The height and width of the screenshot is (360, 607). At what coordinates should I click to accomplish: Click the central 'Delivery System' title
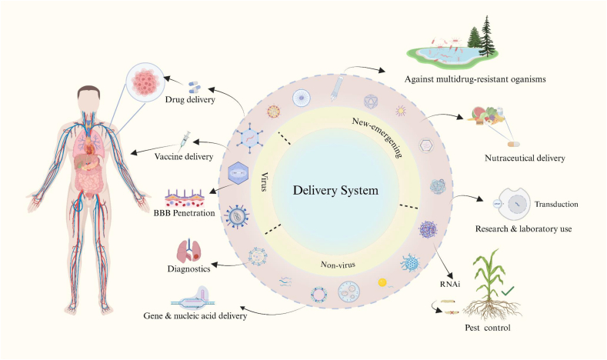[x=335, y=191]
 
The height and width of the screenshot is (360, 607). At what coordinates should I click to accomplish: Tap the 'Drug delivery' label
[x=190, y=99]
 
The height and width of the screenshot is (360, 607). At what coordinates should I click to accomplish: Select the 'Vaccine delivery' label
[x=184, y=156]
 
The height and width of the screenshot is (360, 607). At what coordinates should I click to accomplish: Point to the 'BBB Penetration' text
[x=185, y=213]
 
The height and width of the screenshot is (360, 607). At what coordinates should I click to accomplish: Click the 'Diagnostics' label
[x=189, y=268]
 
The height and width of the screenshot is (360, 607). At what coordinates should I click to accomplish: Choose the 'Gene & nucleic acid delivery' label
[x=195, y=316]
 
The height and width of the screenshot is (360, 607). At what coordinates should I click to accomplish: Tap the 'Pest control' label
[x=488, y=328]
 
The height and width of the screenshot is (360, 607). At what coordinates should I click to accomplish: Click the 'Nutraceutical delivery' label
[x=525, y=158]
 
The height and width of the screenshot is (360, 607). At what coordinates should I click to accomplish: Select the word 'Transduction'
[x=556, y=204]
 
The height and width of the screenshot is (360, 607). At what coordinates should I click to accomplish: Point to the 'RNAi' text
[x=450, y=284]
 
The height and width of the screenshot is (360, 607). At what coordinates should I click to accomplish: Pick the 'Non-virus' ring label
[x=338, y=265]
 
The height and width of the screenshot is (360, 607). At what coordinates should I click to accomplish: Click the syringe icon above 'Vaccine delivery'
[x=185, y=141]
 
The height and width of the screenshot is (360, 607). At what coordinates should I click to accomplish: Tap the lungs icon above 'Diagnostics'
[x=189, y=251]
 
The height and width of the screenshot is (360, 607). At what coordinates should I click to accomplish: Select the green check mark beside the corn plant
[x=508, y=291]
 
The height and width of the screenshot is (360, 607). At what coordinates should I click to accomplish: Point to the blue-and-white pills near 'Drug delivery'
[x=195, y=87]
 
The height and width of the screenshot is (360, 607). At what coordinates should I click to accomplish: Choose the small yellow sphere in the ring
[x=382, y=282]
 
